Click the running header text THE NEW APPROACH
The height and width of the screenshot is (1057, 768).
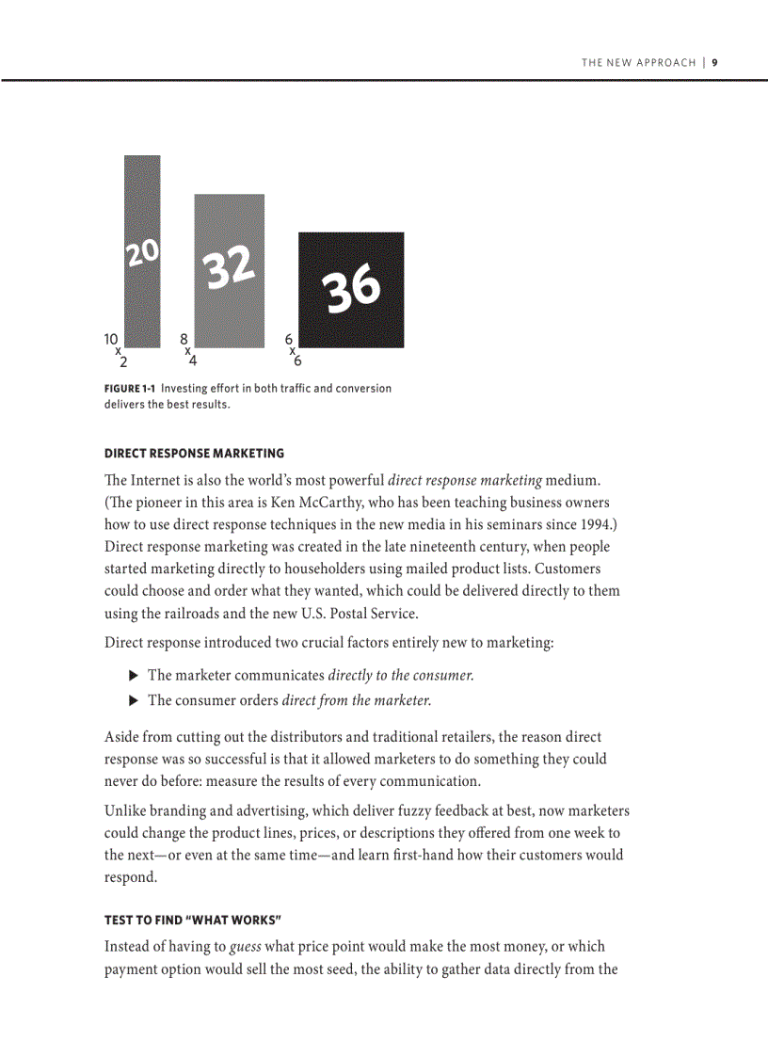[638, 63]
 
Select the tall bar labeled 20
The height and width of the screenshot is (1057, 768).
[142, 251]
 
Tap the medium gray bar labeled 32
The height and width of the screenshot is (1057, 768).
[230, 270]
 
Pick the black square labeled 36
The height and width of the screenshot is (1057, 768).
[351, 290]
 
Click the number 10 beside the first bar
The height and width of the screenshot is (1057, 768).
[111, 338]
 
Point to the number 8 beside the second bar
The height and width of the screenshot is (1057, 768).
[184, 338]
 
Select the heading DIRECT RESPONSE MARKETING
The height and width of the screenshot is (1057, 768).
[194, 454]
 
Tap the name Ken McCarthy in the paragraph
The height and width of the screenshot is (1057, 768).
[312, 502]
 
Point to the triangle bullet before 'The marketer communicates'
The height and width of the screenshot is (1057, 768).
[133, 675]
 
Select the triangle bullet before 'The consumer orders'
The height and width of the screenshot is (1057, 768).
[133, 700]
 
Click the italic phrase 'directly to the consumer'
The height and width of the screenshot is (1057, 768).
[401, 676]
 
